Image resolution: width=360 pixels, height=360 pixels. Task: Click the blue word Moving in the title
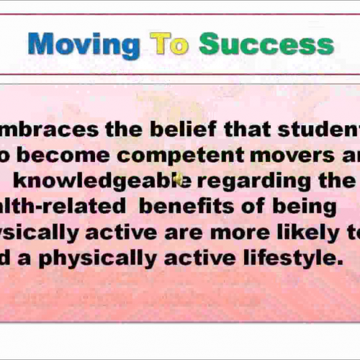coord(84,44)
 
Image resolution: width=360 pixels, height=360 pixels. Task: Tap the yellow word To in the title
coord(169,44)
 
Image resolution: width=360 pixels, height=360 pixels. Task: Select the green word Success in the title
coord(266,44)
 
